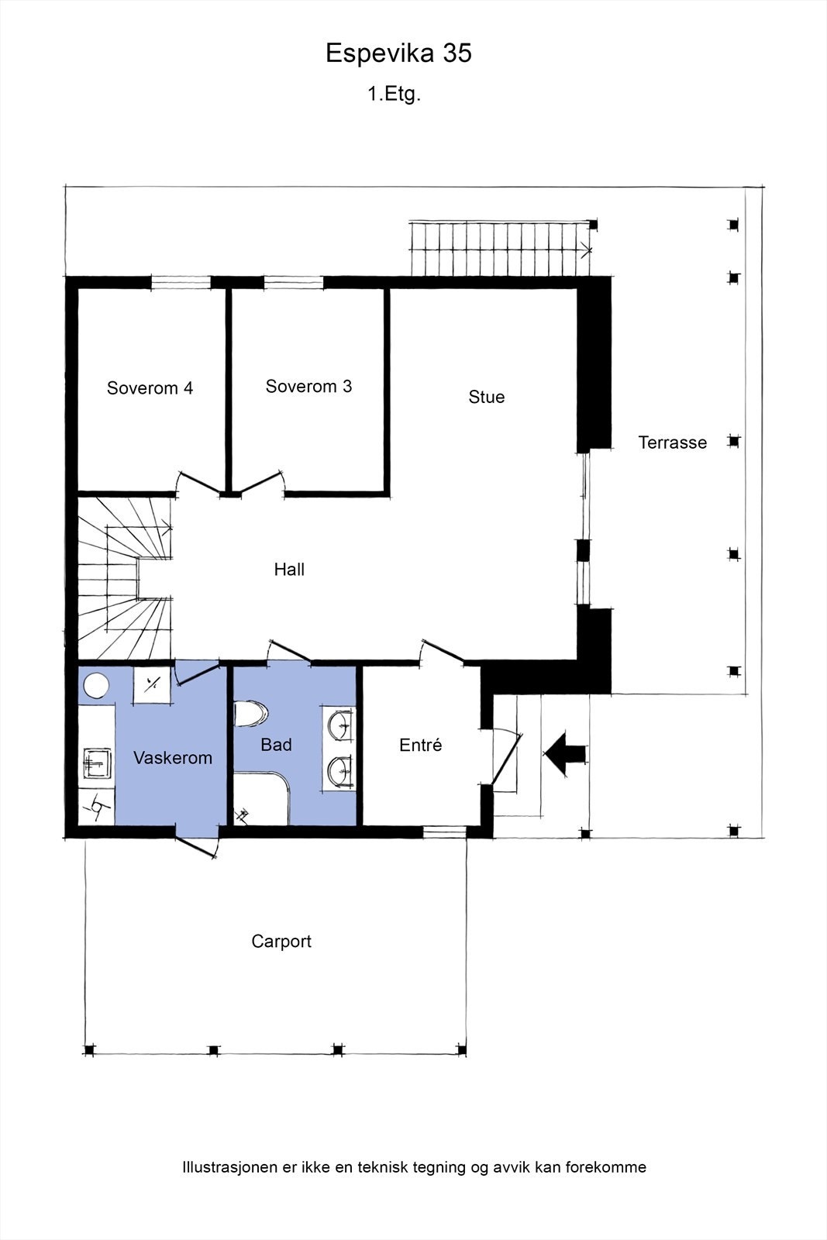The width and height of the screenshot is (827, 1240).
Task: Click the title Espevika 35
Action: coord(398,53)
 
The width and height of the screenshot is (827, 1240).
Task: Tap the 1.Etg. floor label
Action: coord(395,95)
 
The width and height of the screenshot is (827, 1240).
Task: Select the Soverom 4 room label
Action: coord(150,388)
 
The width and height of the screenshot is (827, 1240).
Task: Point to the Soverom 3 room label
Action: coord(309,387)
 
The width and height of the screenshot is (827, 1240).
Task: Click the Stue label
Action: coord(487,397)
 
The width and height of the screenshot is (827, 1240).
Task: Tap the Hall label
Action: coord(290,570)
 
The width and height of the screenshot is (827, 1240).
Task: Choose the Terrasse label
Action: coord(673,443)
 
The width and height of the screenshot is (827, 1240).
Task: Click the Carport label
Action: coord(281,942)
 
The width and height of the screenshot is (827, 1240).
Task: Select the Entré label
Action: coord(421,745)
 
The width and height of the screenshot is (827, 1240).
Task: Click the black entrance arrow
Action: coord(564,754)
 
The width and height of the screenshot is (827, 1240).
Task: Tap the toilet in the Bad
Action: coord(251,714)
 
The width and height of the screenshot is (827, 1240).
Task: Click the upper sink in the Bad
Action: coord(339,724)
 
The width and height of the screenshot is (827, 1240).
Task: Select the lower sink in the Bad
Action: coord(339,771)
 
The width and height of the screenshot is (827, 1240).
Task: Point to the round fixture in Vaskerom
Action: coord(96,685)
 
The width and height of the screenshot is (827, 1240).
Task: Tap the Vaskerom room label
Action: coord(173,758)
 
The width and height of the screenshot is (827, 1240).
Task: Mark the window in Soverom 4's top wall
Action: coord(181,283)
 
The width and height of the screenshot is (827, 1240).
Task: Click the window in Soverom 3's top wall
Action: coord(294,283)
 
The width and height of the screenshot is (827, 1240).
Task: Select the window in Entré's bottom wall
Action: coord(445,832)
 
